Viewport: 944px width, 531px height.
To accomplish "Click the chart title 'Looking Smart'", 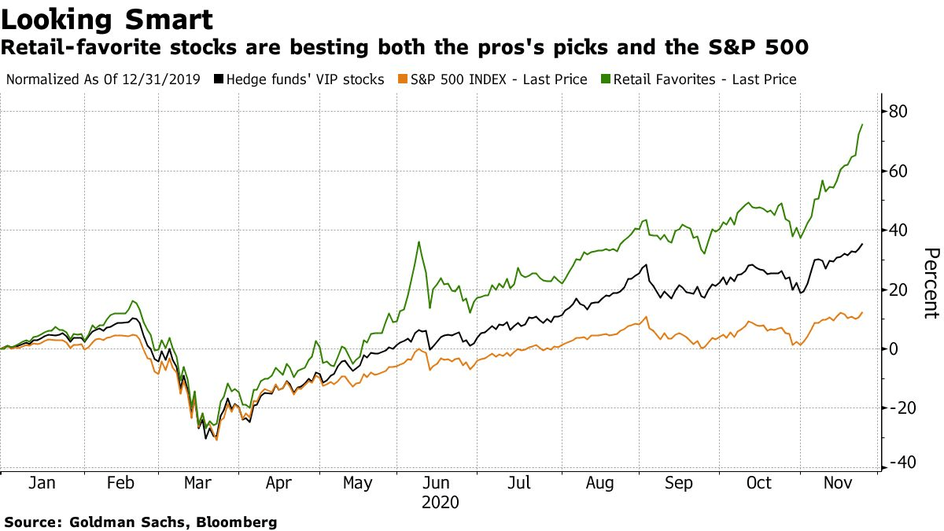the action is [107, 20].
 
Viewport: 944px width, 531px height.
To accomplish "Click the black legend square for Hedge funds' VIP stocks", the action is [219, 79].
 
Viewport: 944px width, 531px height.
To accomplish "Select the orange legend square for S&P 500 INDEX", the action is [403, 79].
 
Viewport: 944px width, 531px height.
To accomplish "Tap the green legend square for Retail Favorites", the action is [605, 79].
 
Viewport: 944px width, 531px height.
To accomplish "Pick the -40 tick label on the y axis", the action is [903, 463].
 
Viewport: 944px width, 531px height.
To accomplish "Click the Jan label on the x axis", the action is [42, 483].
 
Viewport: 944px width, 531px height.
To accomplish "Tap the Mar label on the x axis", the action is [197, 483].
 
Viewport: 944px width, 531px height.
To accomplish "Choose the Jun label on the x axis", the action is [436, 483].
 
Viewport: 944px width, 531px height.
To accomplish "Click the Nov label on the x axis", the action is [838, 483].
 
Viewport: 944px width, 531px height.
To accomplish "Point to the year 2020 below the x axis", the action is [440, 503].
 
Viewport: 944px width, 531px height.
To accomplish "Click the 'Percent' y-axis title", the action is [931, 283].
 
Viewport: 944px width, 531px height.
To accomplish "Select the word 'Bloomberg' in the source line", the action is [237, 523].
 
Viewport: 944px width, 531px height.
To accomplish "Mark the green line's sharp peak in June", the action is [419, 242].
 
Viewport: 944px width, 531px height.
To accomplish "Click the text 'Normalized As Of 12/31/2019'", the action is [103, 79].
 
